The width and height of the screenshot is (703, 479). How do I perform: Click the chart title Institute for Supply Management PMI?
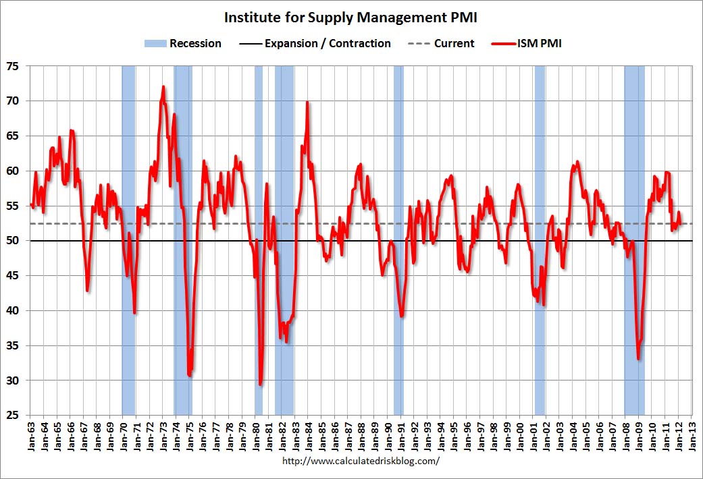click(x=351, y=17)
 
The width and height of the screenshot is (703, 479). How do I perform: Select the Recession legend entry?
click(x=183, y=43)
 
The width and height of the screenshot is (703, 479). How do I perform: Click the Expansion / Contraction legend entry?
click(x=315, y=43)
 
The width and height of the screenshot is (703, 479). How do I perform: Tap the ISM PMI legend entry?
click(x=529, y=43)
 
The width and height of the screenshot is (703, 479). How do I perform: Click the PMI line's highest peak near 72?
click(x=163, y=87)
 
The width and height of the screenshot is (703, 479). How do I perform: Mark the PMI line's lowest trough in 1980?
click(x=261, y=385)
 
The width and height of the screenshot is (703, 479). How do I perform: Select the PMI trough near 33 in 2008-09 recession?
click(x=638, y=358)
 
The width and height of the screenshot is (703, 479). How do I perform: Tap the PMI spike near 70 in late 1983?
click(x=307, y=103)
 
